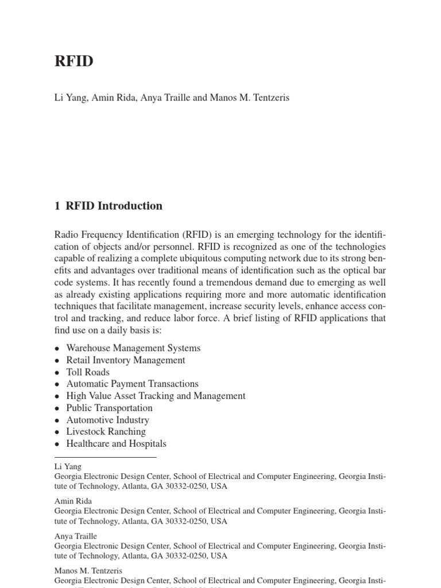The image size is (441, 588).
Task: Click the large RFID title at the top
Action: point(73,62)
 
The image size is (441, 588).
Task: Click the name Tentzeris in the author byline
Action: point(268,98)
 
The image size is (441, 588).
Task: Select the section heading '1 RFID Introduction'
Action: point(109,206)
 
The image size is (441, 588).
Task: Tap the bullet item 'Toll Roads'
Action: point(88,372)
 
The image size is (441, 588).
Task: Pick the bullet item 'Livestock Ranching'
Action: point(106,432)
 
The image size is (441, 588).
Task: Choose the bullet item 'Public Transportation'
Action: point(109,408)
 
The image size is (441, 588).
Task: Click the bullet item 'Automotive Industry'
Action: point(107,420)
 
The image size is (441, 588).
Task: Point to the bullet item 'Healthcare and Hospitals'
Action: point(116,444)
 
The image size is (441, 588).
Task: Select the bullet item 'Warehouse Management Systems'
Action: point(133,348)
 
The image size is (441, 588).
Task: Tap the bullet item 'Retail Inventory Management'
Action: point(126,360)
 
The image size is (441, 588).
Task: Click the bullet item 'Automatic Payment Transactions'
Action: point(132,384)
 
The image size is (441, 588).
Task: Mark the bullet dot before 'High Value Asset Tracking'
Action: point(57,396)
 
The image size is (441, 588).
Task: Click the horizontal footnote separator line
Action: point(105,457)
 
